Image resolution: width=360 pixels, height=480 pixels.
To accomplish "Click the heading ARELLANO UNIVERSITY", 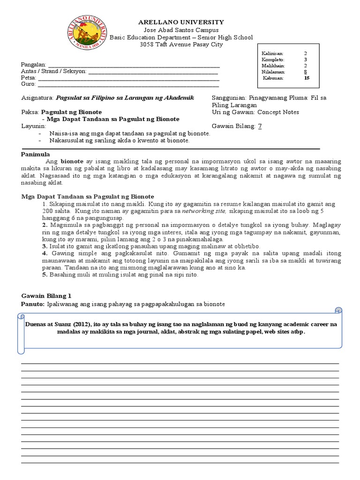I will click(180, 22).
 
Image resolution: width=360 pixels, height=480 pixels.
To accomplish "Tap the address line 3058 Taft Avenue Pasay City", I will click(181, 45).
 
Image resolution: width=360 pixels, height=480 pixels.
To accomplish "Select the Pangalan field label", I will click(33, 64).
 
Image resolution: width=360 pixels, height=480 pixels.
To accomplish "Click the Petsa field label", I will click(29, 78).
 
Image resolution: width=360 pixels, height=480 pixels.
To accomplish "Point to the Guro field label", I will click(29, 84).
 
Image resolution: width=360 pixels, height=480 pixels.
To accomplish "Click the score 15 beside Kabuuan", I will click(307, 78).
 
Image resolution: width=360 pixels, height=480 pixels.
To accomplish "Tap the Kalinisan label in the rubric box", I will click(272, 53).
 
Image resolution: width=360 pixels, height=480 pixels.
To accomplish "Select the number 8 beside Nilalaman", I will click(306, 72).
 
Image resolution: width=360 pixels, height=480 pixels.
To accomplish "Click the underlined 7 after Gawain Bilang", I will click(260, 126).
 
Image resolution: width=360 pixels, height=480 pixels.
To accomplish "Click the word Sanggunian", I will click(229, 98).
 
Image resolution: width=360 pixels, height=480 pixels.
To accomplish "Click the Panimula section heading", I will click(36, 154).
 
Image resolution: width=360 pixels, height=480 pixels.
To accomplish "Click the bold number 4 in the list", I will click(44, 254).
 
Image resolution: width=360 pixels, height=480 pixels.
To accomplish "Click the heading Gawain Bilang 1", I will click(46, 296).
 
